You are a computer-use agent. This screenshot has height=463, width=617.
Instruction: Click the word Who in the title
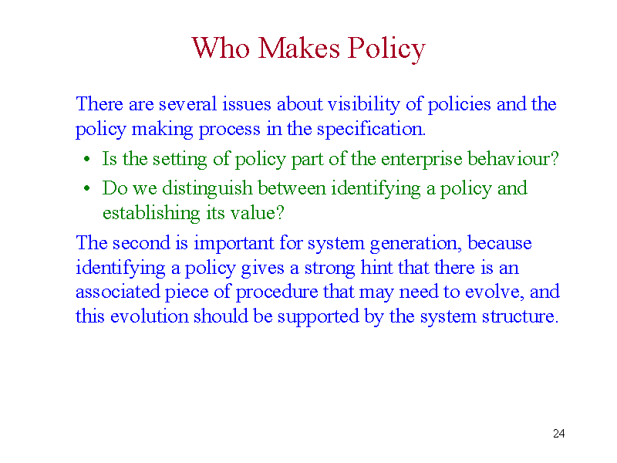(221, 48)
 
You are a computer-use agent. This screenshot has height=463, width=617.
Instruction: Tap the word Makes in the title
(298, 48)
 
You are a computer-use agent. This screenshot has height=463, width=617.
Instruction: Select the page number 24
(558, 434)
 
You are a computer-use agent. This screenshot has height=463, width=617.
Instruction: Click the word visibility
(364, 105)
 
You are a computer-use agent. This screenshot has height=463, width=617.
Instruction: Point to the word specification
(371, 130)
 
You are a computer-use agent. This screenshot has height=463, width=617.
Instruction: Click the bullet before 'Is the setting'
(87, 160)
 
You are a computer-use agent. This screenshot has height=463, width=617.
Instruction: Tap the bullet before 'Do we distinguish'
(87, 188)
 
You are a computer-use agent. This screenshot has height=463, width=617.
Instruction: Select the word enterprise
(421, 160)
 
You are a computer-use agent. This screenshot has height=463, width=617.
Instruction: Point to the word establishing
(151, 214)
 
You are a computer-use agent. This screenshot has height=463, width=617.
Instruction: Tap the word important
(234, 244)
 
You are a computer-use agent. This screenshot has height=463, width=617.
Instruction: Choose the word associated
(118, 292)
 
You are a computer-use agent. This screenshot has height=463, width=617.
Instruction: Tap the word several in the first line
(187, 105)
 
